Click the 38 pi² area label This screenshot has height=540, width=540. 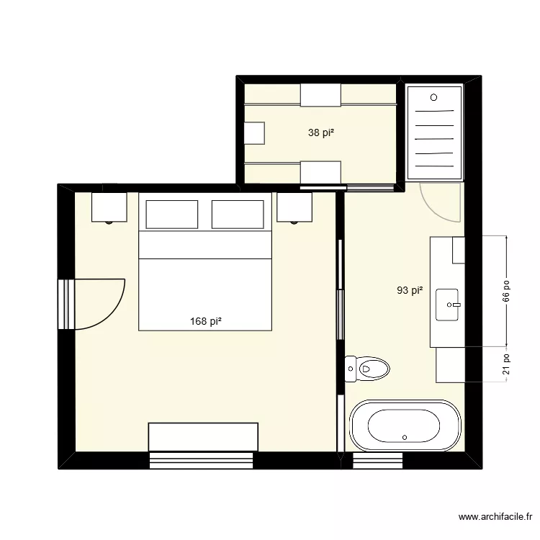point(323,132)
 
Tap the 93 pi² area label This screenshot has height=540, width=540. point(409,291)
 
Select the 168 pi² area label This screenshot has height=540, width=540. point(206,322)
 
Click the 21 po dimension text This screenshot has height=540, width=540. point(507,364)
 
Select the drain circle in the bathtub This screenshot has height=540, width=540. point(405,437)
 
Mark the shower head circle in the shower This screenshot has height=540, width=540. point(433,97)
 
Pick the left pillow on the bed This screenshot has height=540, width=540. point(171,214)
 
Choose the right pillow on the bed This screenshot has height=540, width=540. point(238,214)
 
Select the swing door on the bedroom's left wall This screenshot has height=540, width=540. point(97,303)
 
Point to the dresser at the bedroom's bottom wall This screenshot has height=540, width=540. point(203,436)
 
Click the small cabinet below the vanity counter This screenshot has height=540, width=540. point(450,364)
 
